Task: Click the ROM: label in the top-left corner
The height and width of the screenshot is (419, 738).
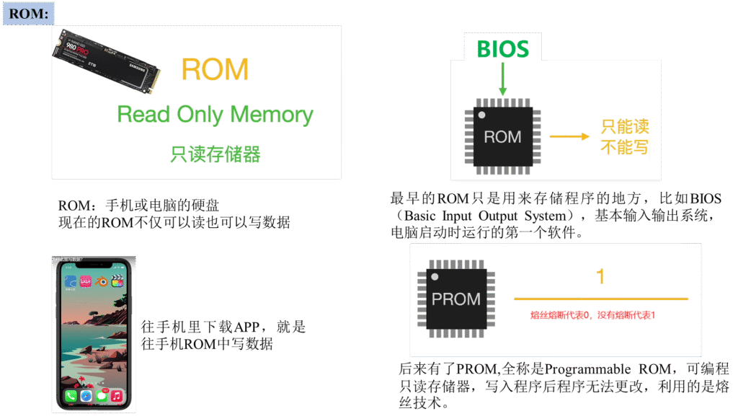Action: pos(27,13)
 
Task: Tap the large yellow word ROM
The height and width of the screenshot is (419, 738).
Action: pos(215,69)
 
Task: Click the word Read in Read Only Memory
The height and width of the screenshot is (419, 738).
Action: pos(143,115)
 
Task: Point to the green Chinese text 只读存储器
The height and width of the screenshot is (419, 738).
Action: pos(215,154)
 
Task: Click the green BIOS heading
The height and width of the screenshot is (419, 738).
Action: pos(502,49)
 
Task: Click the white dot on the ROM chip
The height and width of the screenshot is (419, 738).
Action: pos(481,115)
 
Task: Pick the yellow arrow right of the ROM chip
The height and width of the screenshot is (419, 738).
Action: pos(569,136)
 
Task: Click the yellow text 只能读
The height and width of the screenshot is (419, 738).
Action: pos(625,127)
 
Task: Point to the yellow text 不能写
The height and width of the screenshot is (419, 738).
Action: pos(625,147)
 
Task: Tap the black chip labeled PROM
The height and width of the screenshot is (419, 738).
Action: pos(456,299)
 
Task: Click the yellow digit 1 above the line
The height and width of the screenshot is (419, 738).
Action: pos(600,276)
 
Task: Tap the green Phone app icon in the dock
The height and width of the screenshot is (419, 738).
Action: pos(71,395)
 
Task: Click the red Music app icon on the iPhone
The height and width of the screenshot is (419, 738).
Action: pos(116,395)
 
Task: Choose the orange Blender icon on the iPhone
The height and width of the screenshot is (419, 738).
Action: pos(102,281)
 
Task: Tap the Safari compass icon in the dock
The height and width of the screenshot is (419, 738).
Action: pos(86,395)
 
